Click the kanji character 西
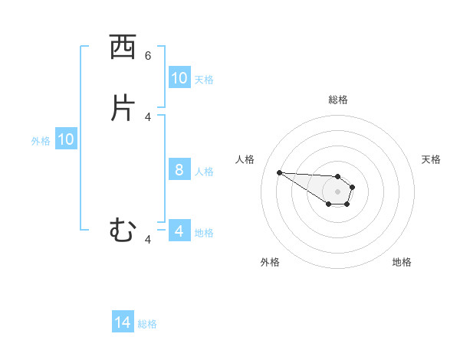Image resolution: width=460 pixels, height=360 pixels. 122,48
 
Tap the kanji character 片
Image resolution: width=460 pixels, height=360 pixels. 122,108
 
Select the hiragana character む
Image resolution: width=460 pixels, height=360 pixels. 122,231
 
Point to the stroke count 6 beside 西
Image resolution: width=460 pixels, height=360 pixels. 148,56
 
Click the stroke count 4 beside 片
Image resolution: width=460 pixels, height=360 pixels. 148,116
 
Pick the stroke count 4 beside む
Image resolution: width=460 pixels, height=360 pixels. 148,240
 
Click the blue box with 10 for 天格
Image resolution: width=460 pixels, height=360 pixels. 179,78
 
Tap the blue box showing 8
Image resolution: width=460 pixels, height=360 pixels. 179,170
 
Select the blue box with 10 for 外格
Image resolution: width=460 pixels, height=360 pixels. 66,139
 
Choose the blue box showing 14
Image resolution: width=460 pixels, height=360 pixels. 123,323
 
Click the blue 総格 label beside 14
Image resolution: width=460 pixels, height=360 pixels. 147,324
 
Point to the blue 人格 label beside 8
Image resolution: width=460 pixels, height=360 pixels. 205,171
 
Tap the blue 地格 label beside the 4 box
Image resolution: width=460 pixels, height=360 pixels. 205,233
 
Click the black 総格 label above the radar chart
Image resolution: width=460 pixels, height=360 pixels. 338,100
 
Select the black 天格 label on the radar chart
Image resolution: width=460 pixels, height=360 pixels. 432,159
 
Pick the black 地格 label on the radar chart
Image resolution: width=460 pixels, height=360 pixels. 402,262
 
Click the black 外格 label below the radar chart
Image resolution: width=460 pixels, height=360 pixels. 270,262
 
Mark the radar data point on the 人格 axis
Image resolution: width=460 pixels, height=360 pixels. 279,172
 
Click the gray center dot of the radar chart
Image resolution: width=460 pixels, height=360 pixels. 338,191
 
